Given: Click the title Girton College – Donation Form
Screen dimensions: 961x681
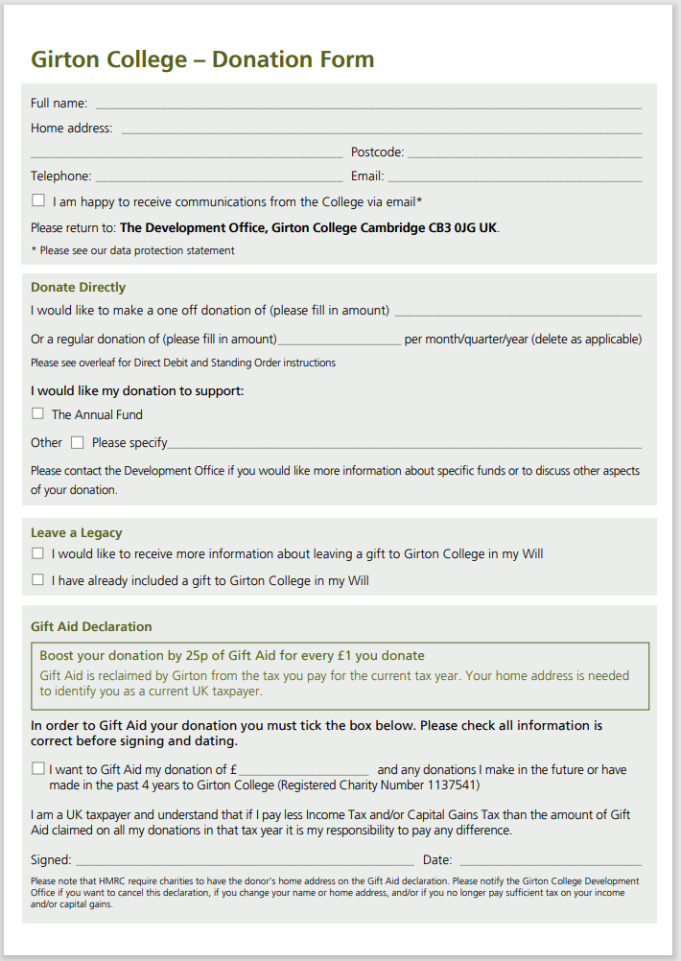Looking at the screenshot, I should [x=202, y=59].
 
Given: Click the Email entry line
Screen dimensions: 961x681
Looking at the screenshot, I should [x=514, y=178].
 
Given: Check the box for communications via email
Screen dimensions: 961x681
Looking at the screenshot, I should [x=38, y=200].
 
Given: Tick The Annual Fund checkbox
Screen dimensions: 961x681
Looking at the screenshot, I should [x=38, y=413].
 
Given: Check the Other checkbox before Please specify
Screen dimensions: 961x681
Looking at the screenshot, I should [x=78, y=442].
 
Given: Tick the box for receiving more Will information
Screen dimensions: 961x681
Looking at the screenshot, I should [x=38, y=553].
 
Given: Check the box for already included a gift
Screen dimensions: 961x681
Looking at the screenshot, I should [x=38, y=579].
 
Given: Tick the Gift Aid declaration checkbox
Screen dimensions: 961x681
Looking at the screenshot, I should [x=38, y=768].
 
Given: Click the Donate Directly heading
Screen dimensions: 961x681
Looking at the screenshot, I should [x=78, y=287].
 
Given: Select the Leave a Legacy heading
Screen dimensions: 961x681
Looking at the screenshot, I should [x=77, y=532].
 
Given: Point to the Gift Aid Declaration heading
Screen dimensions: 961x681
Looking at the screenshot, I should [x=91, y=626].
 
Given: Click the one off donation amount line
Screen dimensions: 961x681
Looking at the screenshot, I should [x=518, y=313].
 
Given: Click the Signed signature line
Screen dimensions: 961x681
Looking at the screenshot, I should [x=245, y=863].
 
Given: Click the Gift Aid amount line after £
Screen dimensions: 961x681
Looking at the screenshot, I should [x=304, y=772].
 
